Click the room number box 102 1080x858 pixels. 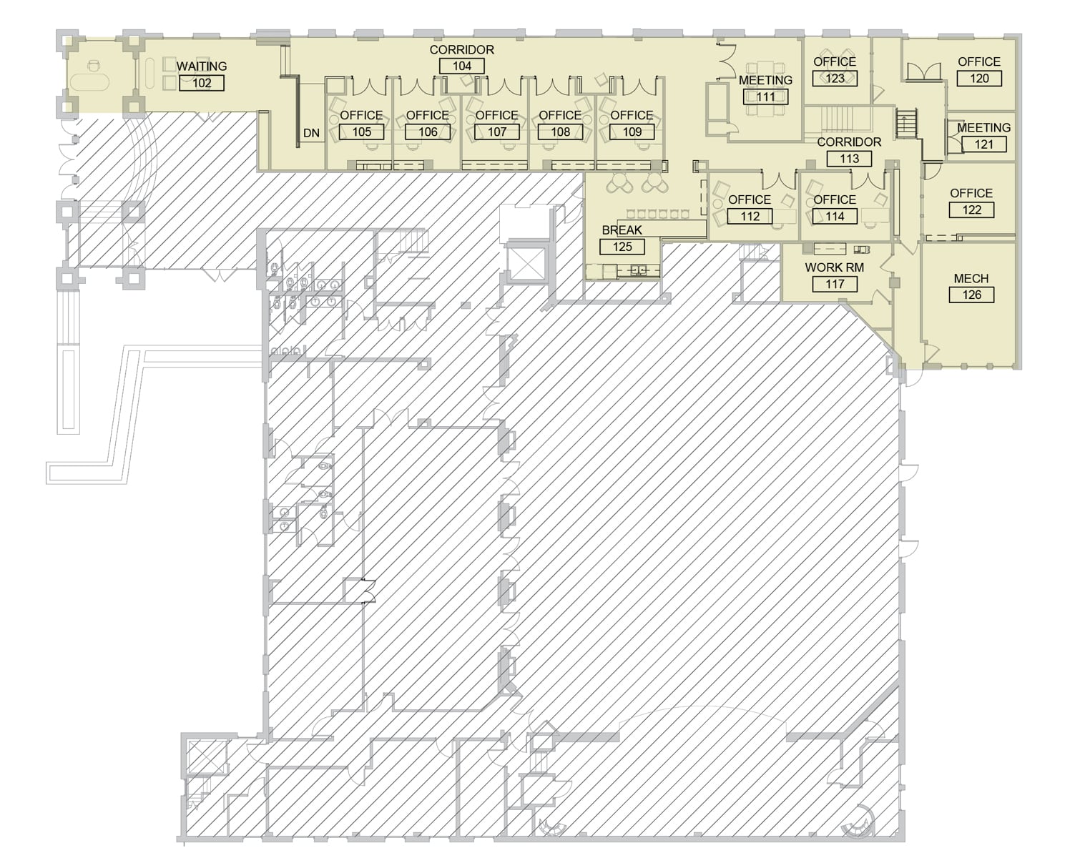[201, 83]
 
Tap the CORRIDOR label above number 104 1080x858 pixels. [462, 49]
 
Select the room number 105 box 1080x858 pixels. [361, 132]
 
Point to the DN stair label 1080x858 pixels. [311, 133]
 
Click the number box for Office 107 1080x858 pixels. [497, 132]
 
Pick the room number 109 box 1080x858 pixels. [632, 132]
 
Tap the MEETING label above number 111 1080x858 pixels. [765, 80]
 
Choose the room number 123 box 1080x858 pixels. [835, 78]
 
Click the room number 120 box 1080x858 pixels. [979, 78]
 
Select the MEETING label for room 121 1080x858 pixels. [983, 128]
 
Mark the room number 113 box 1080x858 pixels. [849, 159]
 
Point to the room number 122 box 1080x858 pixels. [971, 209]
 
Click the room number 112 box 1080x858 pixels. [750, 216]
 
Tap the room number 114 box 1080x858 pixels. [835, 216]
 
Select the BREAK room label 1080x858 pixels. [622, 230]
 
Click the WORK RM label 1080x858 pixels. [835, 267]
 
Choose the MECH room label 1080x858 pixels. [971, 278]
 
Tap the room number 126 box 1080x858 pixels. [971, 295]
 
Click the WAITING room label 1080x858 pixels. [201, 66]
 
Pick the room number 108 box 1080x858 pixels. [560, 132]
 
